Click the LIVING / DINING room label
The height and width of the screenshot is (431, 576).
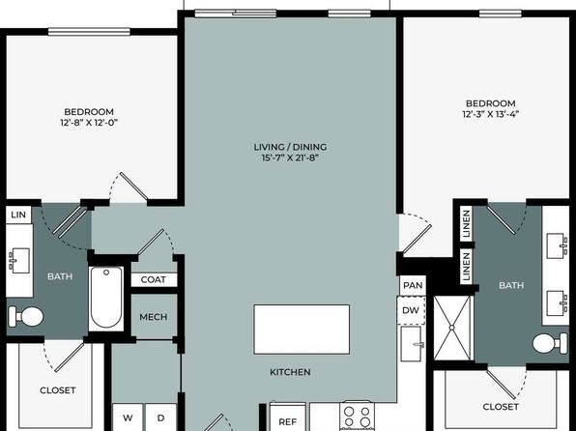290,147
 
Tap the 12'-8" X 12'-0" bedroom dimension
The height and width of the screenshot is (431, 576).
89,123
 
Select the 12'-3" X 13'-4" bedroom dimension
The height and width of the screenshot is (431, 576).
490,114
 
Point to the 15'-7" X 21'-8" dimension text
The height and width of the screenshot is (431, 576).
290,158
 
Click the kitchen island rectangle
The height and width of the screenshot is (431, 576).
302,330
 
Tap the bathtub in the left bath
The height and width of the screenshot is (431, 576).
106,298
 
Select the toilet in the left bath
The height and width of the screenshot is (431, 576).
26,316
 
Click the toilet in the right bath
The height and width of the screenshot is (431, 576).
550,343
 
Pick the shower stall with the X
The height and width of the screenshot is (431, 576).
452,328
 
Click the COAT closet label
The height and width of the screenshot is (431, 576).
154,279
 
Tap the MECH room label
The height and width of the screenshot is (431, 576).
154,317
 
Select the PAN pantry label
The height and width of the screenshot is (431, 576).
413,285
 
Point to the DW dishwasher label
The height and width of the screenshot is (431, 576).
411,310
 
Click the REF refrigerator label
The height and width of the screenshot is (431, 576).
288,421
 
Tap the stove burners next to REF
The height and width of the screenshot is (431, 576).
357,417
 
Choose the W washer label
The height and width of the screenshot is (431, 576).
128,417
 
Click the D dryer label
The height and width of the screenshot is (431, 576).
160,417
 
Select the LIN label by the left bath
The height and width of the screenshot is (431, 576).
18,215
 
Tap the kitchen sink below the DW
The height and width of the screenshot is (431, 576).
413,344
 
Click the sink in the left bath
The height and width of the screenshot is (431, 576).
20,261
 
